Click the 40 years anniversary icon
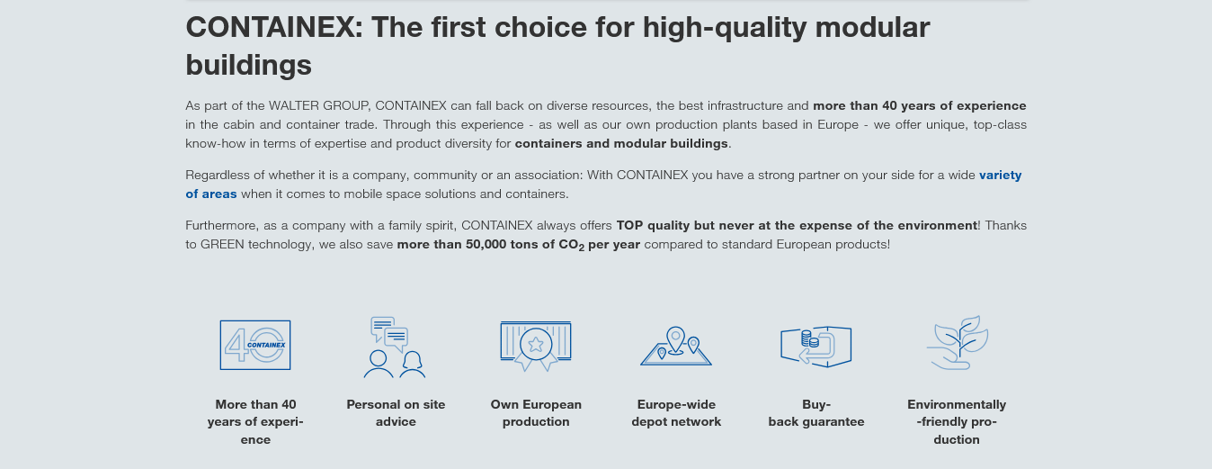pos(254,345)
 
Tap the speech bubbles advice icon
pos(395,347)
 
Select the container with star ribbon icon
pos(536,346)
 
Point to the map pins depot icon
pos(676,346)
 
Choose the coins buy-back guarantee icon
pos(815,347)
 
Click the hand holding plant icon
pos(958,343)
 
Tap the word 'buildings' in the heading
pos(249,65)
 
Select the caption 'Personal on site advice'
pos(396,412)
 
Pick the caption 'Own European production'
pos(536,412)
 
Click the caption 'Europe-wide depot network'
pos(676,412)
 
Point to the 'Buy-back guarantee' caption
pos(815,412)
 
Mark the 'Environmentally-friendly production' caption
pos(957,421)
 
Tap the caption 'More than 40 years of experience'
pos(255,421)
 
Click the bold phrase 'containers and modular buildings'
pos(621,143)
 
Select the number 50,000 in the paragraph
pos(486,244)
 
